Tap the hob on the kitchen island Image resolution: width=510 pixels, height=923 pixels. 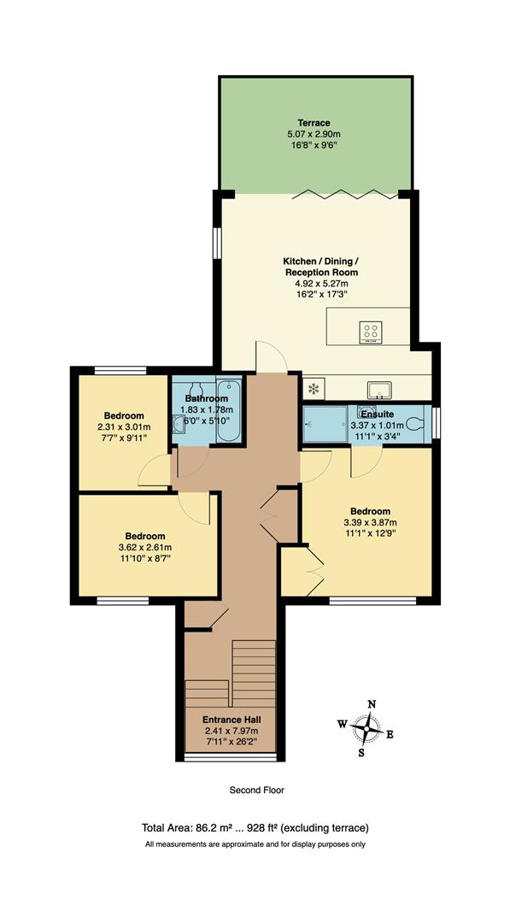tap(372, 331)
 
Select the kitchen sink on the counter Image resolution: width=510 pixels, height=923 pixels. tap(378, 390)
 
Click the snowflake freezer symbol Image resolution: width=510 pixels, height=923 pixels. tap(314, 389)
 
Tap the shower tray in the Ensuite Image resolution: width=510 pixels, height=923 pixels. tap(325, 423)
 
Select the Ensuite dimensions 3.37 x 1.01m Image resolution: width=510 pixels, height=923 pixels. tap(378, 424)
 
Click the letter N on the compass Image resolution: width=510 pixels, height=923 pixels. tap(372, 703)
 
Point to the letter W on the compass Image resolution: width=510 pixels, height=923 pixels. tap(342, 724)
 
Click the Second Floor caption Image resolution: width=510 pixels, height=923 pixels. tap(256, 791)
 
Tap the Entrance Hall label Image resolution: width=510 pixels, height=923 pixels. tap(231, 720)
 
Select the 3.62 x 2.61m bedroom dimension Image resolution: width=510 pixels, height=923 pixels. tap(144, 548)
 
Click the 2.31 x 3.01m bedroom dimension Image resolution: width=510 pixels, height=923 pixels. tap(123, 426)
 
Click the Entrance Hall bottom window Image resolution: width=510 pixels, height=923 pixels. tap(231, 757)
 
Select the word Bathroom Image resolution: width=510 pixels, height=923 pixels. tap(207, 398)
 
